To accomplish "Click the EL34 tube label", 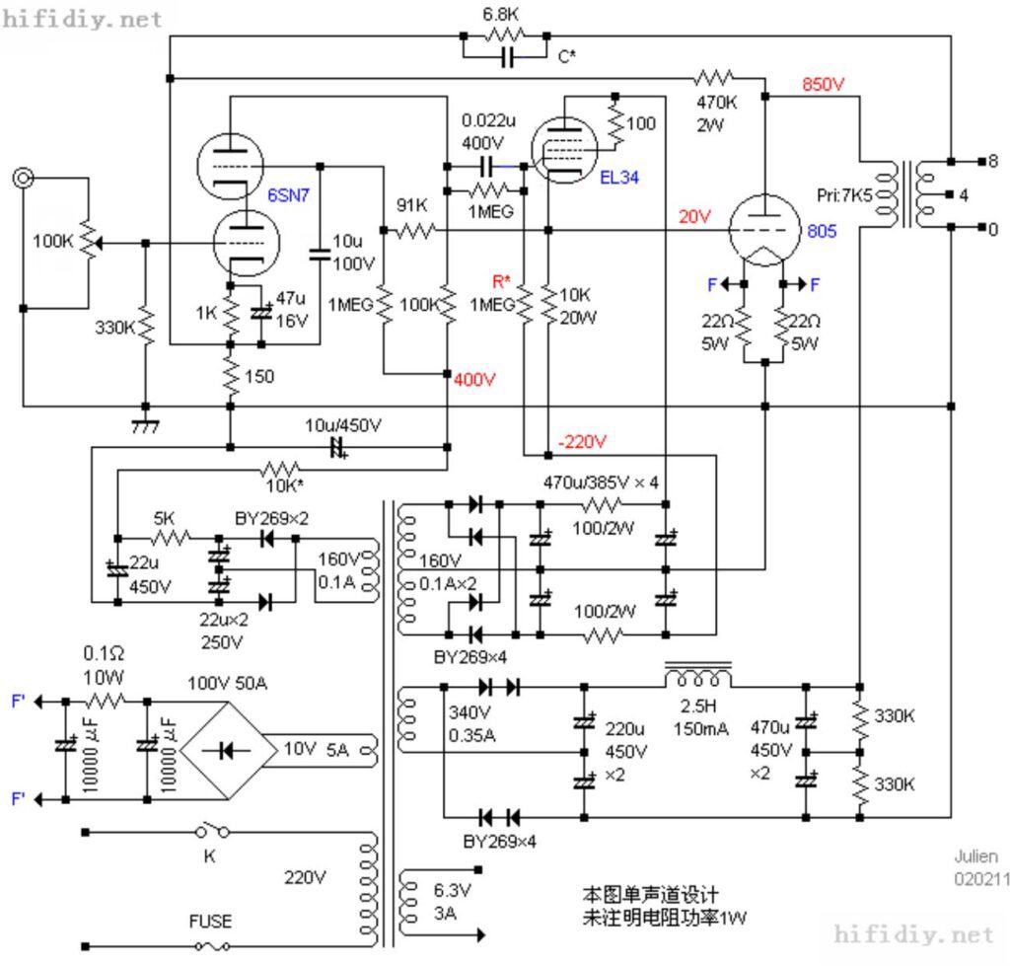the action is tap(619, 178).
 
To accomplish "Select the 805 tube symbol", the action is tap(764, 230).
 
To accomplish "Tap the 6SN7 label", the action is tap(288, 194).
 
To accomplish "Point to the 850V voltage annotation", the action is tap(823, 84).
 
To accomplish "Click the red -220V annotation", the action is tap(582, 442).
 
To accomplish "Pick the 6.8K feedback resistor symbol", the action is tap(505, 36).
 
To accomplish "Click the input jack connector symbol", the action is tap(24, 178).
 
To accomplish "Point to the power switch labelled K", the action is tap(213, 831).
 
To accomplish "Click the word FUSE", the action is tap(210, 922).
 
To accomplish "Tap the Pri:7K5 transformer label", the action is tap(844, 194).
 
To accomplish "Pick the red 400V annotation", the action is tap(474, 380).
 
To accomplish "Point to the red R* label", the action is tap(501, 281).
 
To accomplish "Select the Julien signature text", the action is tap(975, 856).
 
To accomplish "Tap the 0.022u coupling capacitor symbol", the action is tap(487, 167).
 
